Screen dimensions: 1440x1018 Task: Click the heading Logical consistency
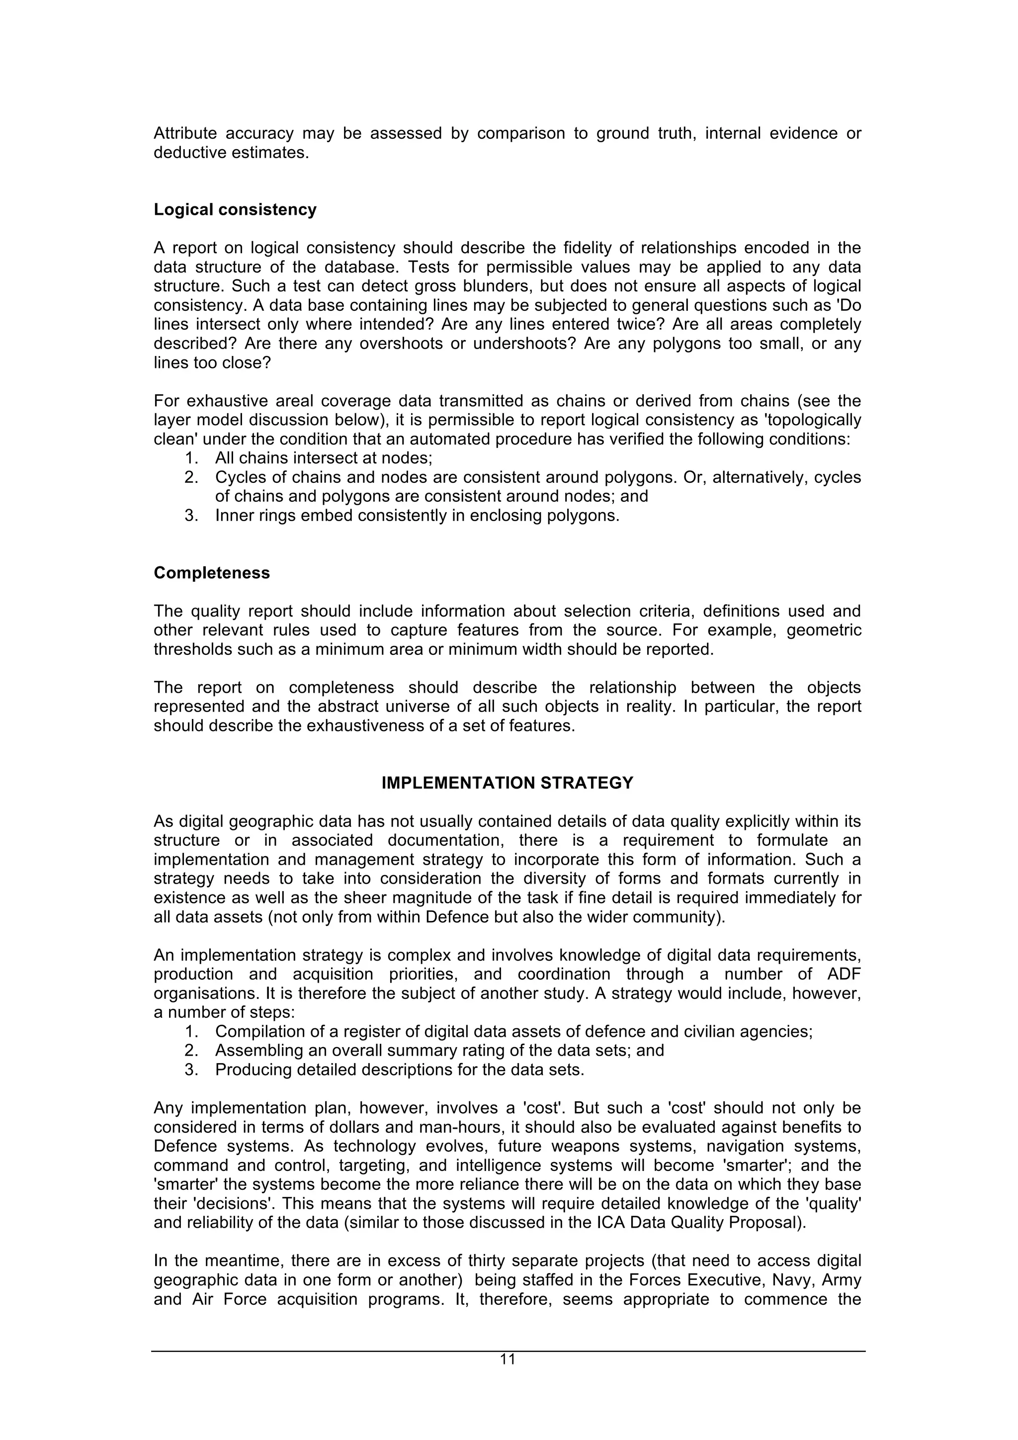(235, 209)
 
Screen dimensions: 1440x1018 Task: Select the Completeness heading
(211, 573)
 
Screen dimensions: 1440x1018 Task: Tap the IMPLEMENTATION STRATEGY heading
(507, 783)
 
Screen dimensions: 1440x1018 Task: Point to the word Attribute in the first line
(185, 134)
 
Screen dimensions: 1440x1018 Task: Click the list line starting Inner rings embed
(417, 516)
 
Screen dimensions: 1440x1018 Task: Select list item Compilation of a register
(513, 1032)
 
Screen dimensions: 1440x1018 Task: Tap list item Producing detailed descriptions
(399, 1070)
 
